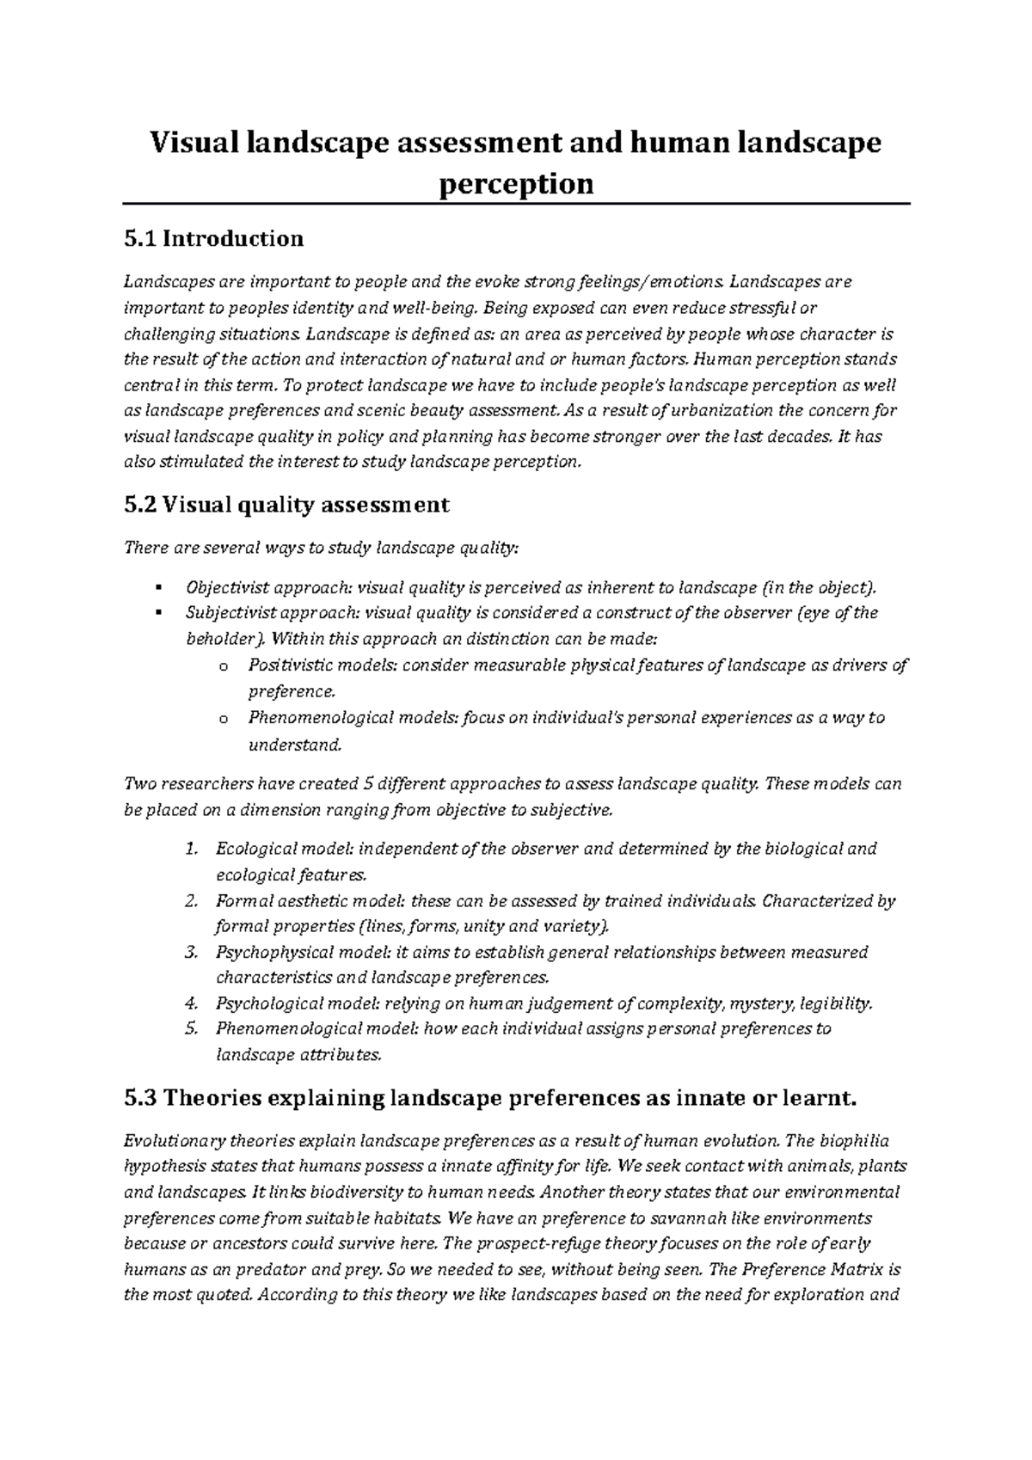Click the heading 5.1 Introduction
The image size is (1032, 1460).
213,238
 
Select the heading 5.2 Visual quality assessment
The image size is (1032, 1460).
286,505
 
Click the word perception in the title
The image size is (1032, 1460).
516,183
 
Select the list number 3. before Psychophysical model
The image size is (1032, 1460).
192,952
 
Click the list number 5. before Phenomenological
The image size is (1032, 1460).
192,1028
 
